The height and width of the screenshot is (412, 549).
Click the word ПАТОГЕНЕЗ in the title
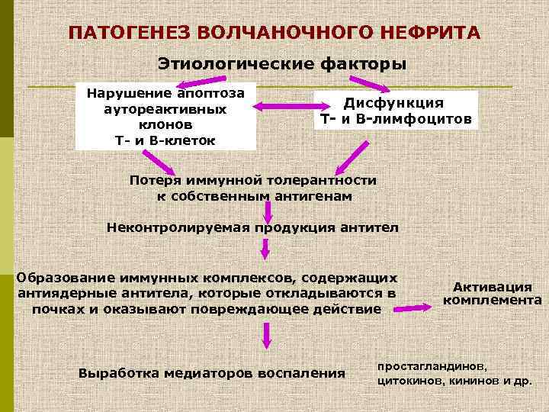[127, 34]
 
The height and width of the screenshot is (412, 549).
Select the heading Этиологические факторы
[281, 63]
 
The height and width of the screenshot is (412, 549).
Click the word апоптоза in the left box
[210, 93]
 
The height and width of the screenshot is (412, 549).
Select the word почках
[54, 309]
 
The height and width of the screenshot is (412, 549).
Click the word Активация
[493, 286]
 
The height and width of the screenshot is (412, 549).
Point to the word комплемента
[493, 300]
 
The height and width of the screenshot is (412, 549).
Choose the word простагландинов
[432, 365]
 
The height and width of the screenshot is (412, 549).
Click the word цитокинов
[408, 378]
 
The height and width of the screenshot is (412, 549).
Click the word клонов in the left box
[160, 124]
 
